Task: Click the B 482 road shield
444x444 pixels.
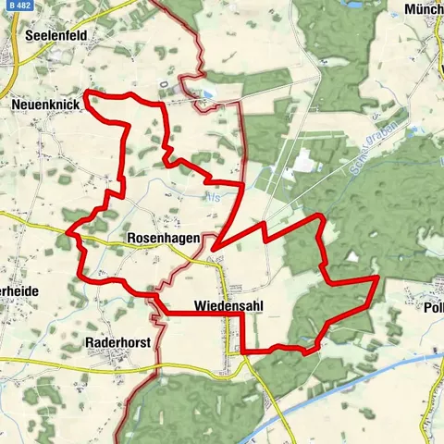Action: click(16, 7)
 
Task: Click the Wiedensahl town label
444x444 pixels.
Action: click(226, 304)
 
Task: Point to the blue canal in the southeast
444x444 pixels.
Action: click(351, 379)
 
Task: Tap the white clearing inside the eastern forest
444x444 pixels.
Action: click(352, 256)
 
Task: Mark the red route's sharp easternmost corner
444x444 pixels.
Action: click(378, 277)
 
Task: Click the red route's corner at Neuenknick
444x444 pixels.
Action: click(86, 92)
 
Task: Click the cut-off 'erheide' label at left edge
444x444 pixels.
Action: click(17, 290)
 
